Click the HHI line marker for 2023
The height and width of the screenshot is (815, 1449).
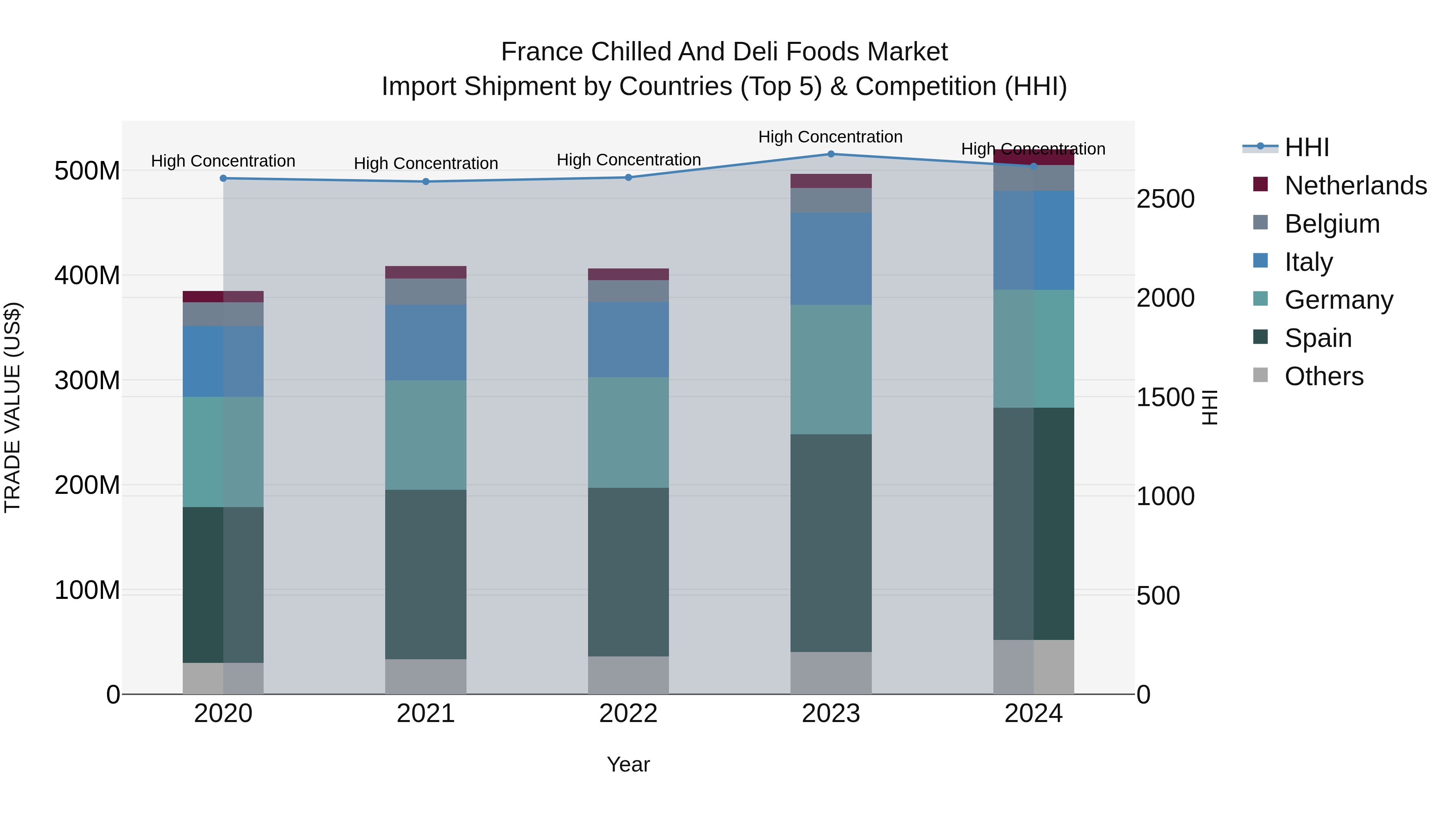(831, 154)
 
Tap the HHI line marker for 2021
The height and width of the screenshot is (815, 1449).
(426, 182)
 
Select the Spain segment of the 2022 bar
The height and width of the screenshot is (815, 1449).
(628, 572)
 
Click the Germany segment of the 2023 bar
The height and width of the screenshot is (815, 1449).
(831, 369)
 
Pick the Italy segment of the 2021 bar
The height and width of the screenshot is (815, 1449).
(426, 343)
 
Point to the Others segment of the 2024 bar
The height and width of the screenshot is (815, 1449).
(1033, 666)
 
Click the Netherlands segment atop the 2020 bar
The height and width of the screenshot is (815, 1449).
(223, 296)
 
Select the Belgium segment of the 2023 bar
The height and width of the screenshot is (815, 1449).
(831, 200)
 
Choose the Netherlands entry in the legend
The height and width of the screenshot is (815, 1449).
(1355, 186)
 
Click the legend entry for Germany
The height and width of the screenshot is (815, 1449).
(1338, 300)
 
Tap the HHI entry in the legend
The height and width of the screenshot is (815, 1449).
(1306, 147)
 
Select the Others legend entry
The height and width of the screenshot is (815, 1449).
(1323, 376)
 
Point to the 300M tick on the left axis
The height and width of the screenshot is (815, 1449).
(87, 381)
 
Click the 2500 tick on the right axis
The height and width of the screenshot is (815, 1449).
(1165, 199)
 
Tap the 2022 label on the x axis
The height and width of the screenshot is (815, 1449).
(628, 714)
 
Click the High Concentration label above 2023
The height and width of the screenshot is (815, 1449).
(830, 137)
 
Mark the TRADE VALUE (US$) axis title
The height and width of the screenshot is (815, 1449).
(12, 407)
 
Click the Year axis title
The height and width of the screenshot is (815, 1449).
(628, 764)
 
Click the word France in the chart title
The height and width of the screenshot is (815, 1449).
(541, 52)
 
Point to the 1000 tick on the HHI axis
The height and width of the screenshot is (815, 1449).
(1165, 497)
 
